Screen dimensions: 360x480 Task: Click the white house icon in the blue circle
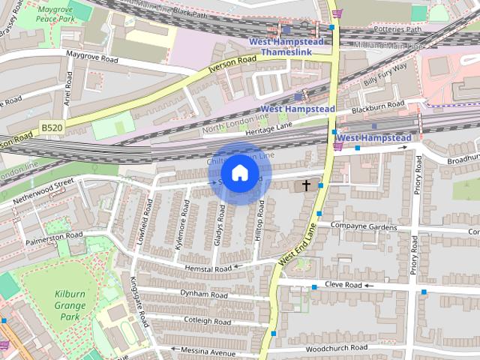pyautogui.click(x=239, y=173)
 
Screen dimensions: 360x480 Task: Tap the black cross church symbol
pyautogui.click(x=306, y=184)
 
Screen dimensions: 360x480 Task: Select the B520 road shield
pyautogui.click(x=52, y=128)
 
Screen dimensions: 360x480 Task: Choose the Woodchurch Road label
pyautogui.click(x=337, y=349)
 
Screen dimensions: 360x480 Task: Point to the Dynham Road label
pyautogui.click(x=203, y=295)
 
